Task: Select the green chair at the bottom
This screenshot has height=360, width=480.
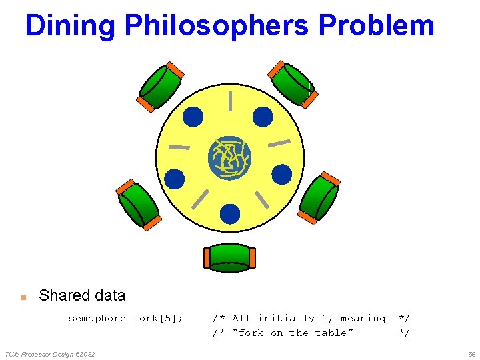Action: pyautogui.click(x=229, y=258)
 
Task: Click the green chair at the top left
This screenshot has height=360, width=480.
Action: pyautogui.click(x=161, y=86)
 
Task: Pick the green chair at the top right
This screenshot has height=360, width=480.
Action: pyautogui.click(x=293, y=84)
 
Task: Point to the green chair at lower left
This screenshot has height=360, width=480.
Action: pyautogui.click(x=139, y=204)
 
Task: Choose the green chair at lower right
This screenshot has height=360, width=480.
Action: pyautogui.click(x=319, y=198)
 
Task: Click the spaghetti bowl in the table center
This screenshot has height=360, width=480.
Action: pyautogui.click(x=229, y=158)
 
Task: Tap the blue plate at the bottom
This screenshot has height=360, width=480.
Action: pyautogui.click(x=229, y=213)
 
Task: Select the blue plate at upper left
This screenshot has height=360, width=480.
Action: pyautogui.click(x=193, y=117)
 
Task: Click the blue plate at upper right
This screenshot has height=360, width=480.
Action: pyautogui.click(x=263, y=117)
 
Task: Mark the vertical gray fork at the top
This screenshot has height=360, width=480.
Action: pyautogui.click(x=230, y=101)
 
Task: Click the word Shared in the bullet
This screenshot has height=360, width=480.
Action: pyautogui.click(x=63, y=295)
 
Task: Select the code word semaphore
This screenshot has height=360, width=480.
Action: pyautogui.click(x=97, y=319)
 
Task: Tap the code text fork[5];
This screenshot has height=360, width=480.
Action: pyautogui.click(x=158, y=319)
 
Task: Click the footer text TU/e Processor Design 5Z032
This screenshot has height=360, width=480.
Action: pyautogui.click(x=50, y=353)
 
